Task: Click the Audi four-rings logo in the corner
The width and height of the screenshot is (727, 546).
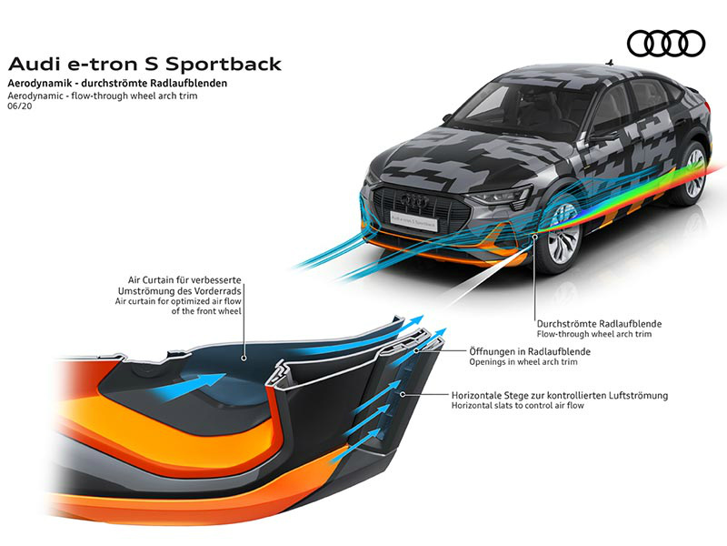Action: point(666,44)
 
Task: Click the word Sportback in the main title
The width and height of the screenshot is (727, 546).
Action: point(223,64)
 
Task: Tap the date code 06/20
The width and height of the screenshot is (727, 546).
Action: point(20,106)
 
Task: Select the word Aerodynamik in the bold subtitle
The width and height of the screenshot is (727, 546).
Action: point(40,84)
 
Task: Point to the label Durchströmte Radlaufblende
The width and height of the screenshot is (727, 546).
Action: point(599,324)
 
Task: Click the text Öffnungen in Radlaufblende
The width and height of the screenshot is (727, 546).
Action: point(530,351)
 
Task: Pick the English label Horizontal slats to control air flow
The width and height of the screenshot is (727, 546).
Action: point(517,406)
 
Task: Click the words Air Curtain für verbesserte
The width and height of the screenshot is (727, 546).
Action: point(184,280)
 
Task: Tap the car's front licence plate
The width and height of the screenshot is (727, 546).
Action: point(413,220)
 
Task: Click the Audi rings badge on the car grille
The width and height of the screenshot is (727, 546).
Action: point(414,200)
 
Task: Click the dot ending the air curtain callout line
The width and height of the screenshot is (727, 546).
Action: point(244,358)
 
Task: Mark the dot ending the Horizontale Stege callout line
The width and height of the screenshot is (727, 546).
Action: point(403,394)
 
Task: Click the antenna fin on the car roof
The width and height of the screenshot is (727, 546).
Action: point(610,62)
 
